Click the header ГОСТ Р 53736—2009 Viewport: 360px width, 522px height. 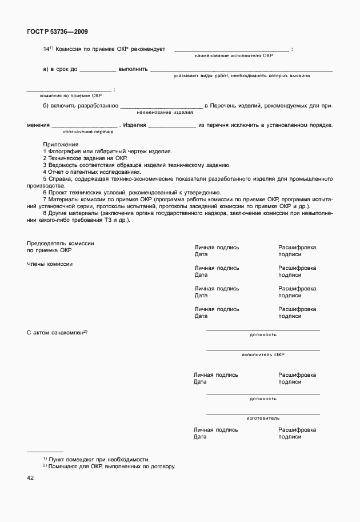click(57, 32)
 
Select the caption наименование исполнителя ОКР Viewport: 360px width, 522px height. click(234, 56)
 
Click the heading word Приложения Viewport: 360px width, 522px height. click(61, 145)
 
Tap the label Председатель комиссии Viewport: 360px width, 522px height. click(60, 244)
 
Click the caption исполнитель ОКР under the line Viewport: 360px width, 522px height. click(263, 354)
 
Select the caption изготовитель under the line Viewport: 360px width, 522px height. click(263, 419)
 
